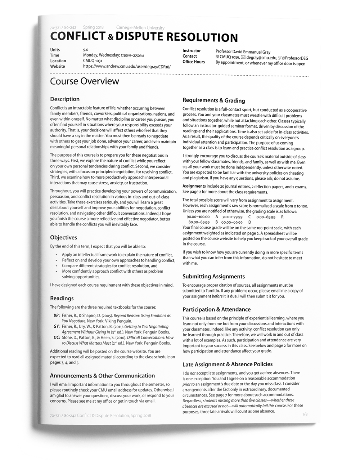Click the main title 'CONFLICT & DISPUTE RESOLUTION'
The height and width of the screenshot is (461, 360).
pos(144,37)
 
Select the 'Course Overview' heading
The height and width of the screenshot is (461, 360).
pos(85,81)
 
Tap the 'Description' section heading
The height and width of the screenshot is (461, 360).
pos(65,99)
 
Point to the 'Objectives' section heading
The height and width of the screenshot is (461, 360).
pos(63,238)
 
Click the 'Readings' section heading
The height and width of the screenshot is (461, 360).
pos(62,298)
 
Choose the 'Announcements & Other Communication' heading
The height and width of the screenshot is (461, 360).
pos(102,376)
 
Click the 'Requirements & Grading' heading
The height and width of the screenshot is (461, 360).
pos(213,100)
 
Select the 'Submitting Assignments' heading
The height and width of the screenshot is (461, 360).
pos(213,277)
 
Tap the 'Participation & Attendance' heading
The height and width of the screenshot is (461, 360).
pos(216,309)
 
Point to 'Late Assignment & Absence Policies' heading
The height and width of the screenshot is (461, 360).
pos(228,364)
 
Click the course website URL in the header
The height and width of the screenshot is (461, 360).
pos(127,67)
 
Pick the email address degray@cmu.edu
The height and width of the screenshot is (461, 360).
pos(262,58)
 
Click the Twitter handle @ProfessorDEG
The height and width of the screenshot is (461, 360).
pos(295,58)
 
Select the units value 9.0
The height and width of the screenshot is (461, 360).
pos(86,50)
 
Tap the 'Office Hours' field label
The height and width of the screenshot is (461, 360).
pos(194,62)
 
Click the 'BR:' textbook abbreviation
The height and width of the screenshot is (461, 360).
pos(57,315)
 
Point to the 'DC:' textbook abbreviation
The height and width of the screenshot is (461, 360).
pos(57,338)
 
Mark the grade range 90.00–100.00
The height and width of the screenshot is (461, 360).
pos(198,217)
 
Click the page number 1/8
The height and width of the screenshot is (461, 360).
pos(305,415)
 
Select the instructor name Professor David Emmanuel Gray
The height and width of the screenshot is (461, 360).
pos(243,52)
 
